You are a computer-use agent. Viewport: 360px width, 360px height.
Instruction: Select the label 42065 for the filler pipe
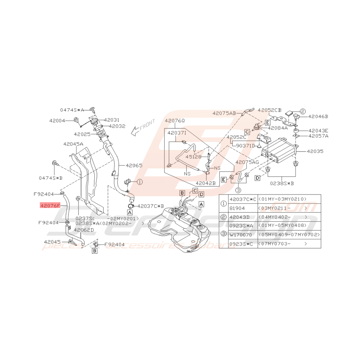point(133,165)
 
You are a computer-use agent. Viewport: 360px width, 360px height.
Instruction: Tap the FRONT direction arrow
point(142,127)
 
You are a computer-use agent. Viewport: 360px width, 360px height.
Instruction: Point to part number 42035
point(315,152)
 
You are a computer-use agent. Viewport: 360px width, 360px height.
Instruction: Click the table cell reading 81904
point(237,208)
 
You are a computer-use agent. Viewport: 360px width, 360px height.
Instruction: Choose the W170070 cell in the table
point(240,235)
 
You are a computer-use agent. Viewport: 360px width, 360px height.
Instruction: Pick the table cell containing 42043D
point(240,217)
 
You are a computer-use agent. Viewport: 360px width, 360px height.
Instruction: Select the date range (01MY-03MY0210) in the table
point(283,199)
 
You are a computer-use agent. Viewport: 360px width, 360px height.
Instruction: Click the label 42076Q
point(175,121)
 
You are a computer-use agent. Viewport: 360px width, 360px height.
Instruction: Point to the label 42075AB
point(224,113)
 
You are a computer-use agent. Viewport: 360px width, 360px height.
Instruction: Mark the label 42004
point(57,121)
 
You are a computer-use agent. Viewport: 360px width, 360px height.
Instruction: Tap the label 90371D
point(245,146)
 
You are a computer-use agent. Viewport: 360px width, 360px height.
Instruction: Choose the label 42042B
point(205,183)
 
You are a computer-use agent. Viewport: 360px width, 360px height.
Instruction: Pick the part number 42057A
point(318,136)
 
